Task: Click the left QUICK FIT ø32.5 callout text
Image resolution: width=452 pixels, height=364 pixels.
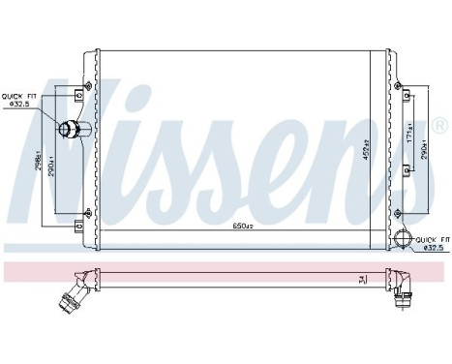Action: (18, 101)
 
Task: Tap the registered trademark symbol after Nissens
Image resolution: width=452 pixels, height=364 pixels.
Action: (439, 126)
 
